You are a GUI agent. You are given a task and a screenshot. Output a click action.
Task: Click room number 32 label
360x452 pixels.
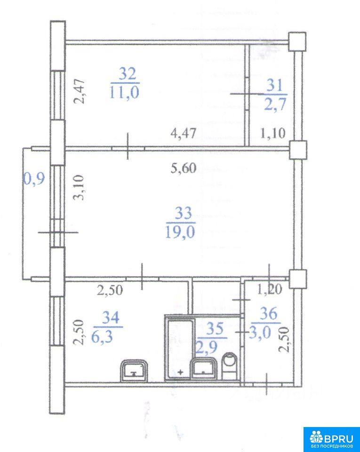[x=128, y=74]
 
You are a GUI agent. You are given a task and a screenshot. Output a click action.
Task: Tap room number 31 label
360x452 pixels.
[x=275, y=86]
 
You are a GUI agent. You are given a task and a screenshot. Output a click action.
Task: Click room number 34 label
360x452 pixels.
[x=111, y=318]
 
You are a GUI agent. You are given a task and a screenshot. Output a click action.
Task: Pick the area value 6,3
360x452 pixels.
[x=102, y=336]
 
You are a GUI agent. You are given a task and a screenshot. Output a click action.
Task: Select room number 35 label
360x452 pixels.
[x=215, y=329]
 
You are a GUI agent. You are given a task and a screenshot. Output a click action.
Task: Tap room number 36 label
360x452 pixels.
[x=268, y=314]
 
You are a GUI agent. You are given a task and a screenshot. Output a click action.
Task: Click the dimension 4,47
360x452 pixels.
[x=184, y=133]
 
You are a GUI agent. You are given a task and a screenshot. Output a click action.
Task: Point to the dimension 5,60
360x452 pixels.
[x=184, y=168]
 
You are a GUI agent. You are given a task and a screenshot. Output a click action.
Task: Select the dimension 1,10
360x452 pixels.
[x=272, y=133]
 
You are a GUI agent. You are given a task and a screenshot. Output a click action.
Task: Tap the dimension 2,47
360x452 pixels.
[x=79, y=91]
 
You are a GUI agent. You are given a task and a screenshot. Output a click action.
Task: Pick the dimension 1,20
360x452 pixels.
[x=269, y=290]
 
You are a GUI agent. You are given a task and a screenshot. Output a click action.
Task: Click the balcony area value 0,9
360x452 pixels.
[x=34, y=179]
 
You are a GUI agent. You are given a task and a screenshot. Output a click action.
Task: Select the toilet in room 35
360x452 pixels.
[x=230, y=365]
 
